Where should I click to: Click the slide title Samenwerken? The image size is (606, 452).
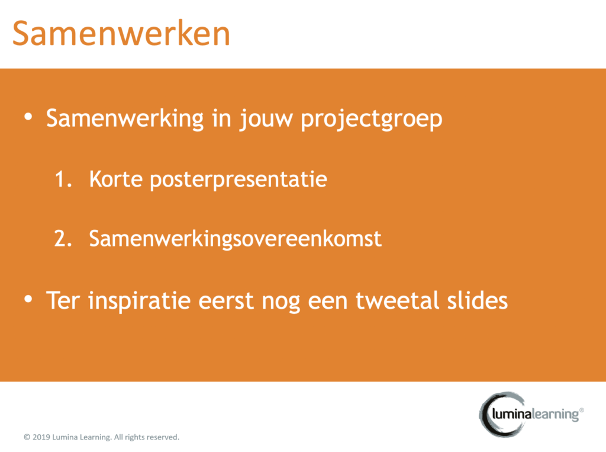[x=121, y=34]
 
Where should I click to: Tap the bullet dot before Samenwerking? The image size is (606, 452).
[x=28, y=117]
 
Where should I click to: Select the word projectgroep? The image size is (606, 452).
[x=372, y=120]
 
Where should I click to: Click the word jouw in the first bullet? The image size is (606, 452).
[x=266, y=120]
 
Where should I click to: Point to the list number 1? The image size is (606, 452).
[x=63, y=179]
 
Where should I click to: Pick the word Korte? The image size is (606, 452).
[x=116, y=179]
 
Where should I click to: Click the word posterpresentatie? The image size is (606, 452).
[x=238, y=181]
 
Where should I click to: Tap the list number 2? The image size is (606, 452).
[x=63, y=239]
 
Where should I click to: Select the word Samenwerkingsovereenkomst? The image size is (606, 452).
[x=236, y=239]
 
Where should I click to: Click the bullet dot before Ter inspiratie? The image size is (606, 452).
[x=28, y=299]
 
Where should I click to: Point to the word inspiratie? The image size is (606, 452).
[x=140, y=302]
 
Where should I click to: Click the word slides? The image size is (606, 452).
[x=478, y=300]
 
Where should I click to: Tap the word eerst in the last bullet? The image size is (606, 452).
[x=226, y=301]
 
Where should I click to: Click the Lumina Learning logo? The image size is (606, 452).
[x=531, y=415]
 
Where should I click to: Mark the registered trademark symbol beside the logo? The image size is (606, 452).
[x=582, y=410]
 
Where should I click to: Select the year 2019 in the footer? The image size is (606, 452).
[x=41, y=437]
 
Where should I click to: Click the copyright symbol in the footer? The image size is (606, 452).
[x=27, y=437]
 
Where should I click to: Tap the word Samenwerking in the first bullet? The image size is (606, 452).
[x=125, y=119]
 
